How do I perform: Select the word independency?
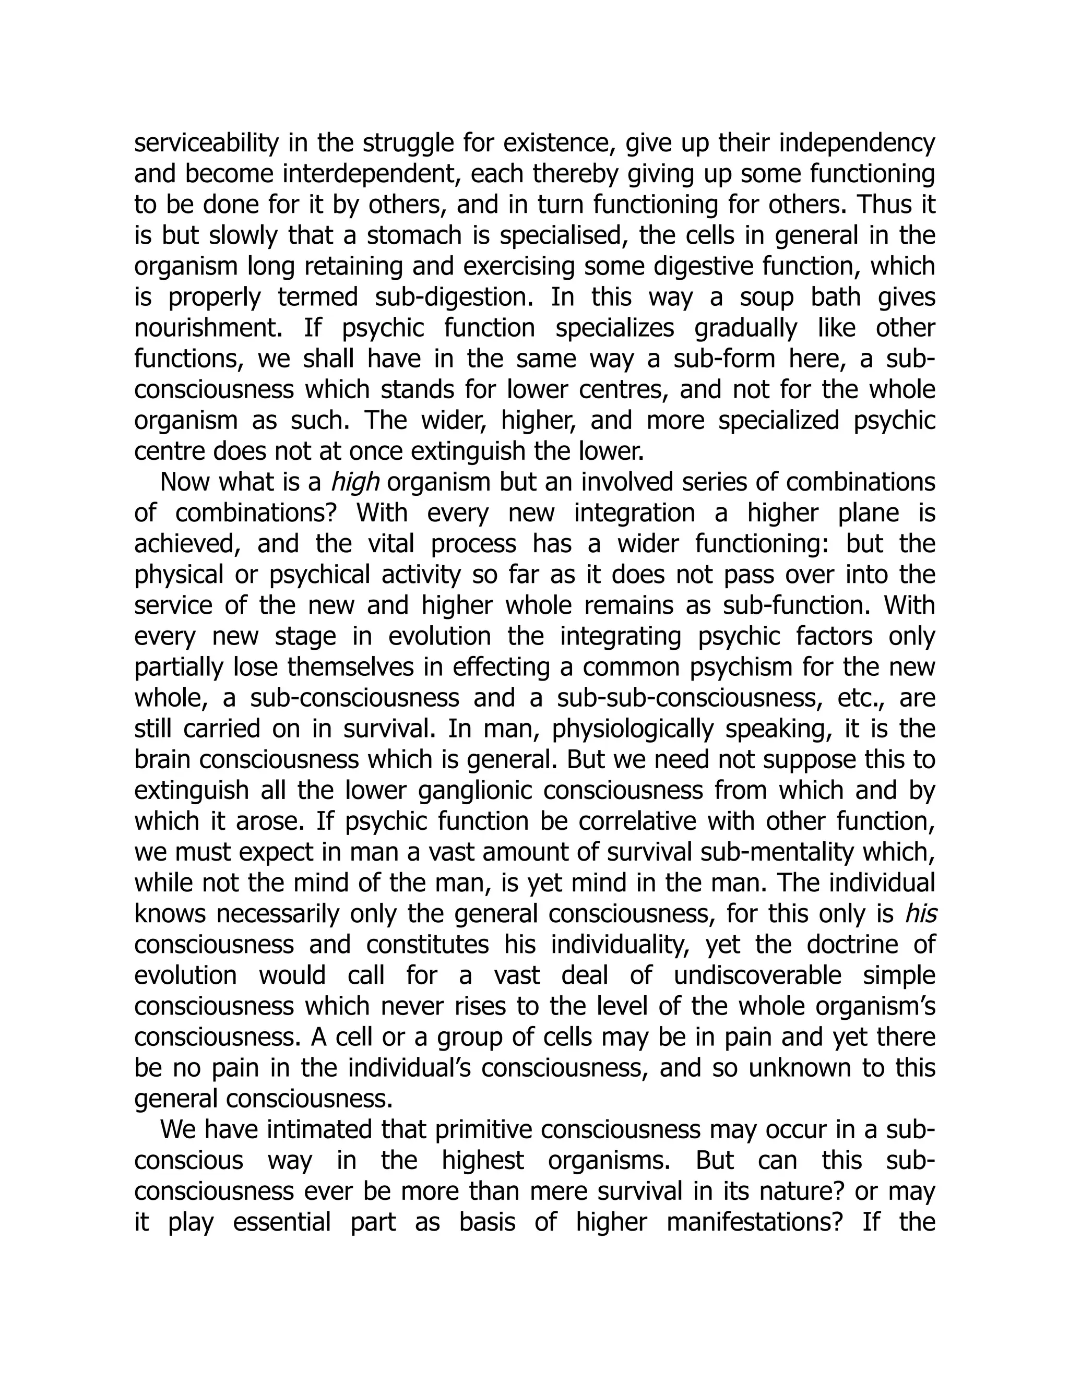coord(857,143)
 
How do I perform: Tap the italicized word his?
coord(921,914)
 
